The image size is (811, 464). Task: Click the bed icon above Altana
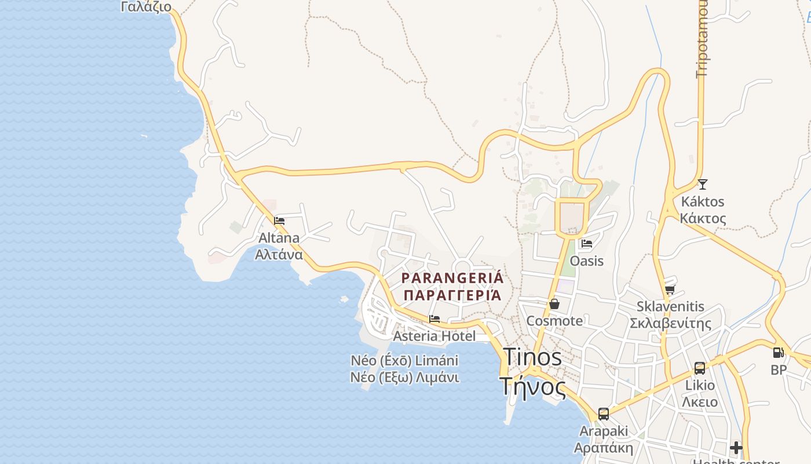pos(279,221)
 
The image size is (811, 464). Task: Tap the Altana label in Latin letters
pos(279,238)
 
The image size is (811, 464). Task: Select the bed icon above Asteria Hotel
pos(434,319)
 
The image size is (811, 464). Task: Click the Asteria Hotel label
pos(434,336)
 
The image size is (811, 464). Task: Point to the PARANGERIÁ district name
pos(452,278)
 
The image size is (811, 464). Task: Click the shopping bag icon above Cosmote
pos(554,304)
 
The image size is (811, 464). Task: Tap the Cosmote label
pos(554,321)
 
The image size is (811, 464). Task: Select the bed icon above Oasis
pos(587,244)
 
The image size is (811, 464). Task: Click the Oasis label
pos(587,261)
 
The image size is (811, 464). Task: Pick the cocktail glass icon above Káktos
pos(703,184)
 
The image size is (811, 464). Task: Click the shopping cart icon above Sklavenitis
pos(670,289)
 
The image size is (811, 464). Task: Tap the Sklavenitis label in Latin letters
pos(670,306)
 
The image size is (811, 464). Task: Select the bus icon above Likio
pos(700,368)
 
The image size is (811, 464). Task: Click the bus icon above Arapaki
pos(604,414)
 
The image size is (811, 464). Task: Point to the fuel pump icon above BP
pos(779,353)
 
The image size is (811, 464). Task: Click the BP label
pos(779,369)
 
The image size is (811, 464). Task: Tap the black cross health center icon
pos(736,448)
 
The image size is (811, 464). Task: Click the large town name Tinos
pos(532,357)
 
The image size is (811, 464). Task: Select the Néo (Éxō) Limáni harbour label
pos(404,360)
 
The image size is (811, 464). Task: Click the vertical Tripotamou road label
pos(703,38)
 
